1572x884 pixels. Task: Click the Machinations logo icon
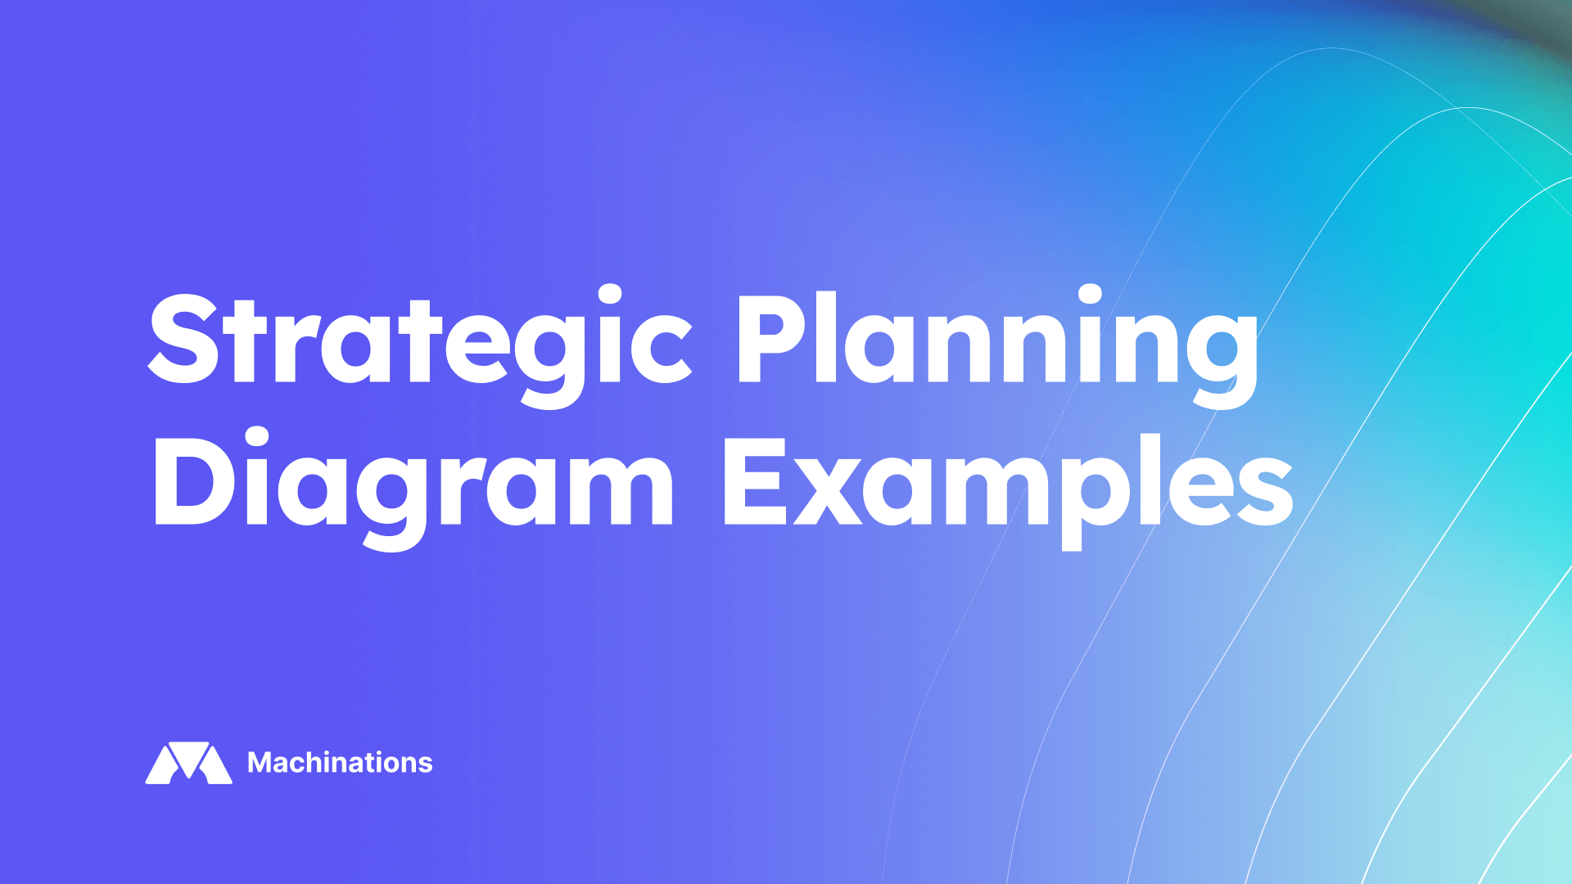click(188, 763)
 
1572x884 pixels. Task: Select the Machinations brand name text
click(340, 763)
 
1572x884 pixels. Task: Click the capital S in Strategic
click(185, 339)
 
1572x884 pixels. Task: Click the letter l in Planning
click(826, 337)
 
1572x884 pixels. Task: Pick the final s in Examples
click(1266, 491)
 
